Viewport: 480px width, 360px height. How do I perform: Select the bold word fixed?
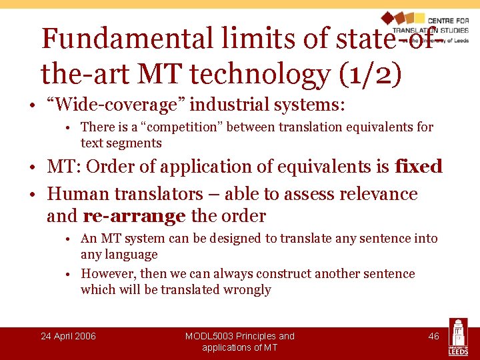tap(418, 166)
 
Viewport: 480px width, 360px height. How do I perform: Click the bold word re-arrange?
tap(134, 216)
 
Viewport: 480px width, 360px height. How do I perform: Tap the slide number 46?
tap(433, 336)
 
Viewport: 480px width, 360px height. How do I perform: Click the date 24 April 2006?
tap(68, 336)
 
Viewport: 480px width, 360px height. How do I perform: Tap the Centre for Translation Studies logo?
tap(424, 27)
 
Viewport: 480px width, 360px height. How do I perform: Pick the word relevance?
tap(378, 194)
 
